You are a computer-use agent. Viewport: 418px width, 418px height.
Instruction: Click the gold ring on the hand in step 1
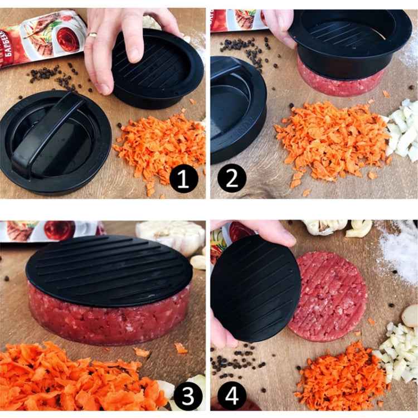point(93,35)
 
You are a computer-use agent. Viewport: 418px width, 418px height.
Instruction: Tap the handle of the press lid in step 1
point(47,132)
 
